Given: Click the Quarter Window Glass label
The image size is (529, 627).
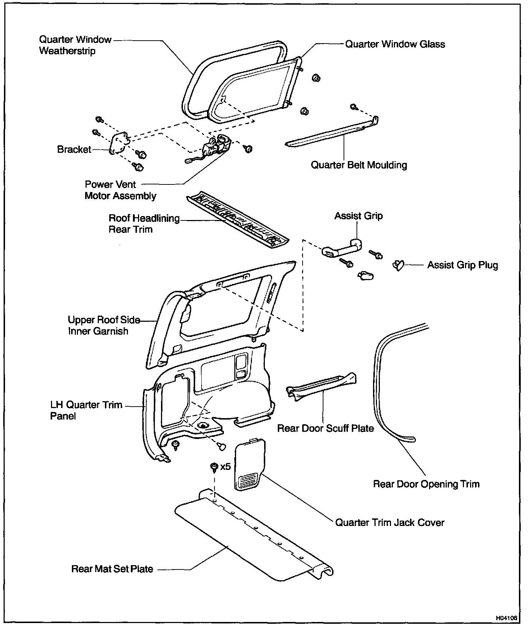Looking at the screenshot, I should click(395, 44).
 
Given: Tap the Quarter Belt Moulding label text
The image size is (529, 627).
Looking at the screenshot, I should click(359, 165).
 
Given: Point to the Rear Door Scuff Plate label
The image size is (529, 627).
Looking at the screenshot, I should click(326, 428).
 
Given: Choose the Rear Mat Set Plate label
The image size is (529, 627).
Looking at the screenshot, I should click(112, 569).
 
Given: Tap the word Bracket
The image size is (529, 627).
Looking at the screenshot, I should click(74, 149).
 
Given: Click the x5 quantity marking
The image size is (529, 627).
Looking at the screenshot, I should click(225, 467).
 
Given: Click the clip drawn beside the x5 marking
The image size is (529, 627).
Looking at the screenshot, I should click(214, 467).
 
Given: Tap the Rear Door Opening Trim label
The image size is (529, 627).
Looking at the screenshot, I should click(426, 484).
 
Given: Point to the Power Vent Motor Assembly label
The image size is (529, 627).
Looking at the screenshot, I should click(120, 190).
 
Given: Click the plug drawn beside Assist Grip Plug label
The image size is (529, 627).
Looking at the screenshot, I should click(398, 266).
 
